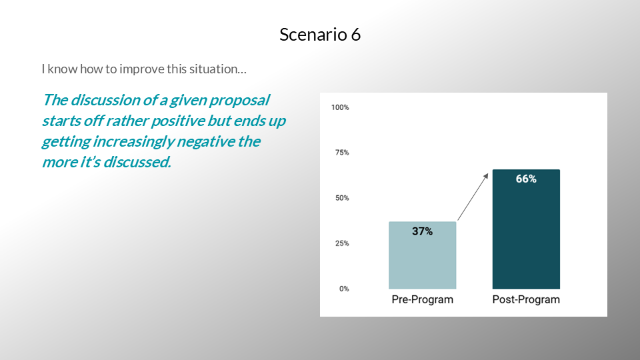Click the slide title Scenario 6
[x=320, y=34]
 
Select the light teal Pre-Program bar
[x=423, y=255]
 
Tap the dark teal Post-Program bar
[x=526, y=229]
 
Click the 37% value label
[x=423, y=231]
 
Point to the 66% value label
[x=526, y=179]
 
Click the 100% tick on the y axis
[x=340, y=107]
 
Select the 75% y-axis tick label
[x=342, y=153]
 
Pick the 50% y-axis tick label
[x=342, y=198]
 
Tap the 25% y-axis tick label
[x=342, y=243]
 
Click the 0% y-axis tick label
[x=344, y=289]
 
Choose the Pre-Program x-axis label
[x=423, y=299]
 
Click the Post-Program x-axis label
[x=526, y=299]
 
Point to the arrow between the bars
[x=473, y=197]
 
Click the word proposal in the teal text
[x=239, y=101]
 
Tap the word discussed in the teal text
[x=137, y=162]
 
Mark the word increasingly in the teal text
[x=133, y=142]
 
